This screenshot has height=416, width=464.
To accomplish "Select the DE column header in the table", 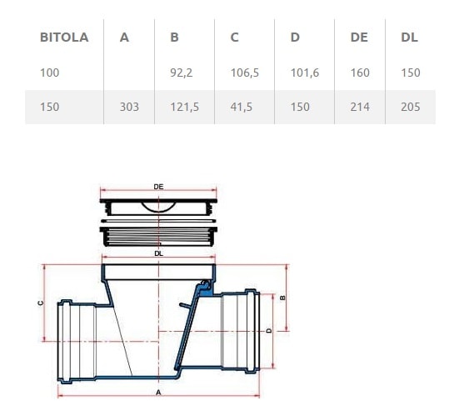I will tap(358, 38).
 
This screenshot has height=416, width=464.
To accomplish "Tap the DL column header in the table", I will tap(409, 38).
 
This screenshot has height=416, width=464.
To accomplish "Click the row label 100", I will tap(49, 73).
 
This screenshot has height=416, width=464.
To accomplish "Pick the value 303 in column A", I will tap(129, 107).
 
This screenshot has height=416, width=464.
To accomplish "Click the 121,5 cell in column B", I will tap(183, 107).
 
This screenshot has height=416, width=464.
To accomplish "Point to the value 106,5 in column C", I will tap(244, 73).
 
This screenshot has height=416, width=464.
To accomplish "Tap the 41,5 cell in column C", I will tap(242, 107).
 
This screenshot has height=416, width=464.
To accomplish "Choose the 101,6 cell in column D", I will tap(304, 73).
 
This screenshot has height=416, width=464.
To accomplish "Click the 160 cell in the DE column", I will tap(360, 73).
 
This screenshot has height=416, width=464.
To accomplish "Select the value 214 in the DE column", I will tap(360, 107).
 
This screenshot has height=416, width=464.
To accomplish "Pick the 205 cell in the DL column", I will tap(410, 107).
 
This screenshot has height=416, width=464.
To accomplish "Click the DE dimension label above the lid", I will tap(158, 188).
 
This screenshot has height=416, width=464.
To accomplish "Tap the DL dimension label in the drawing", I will tap(158, 253).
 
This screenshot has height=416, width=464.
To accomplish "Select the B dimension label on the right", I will tap(282, 297).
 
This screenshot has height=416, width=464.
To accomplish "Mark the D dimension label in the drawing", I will tap(267, 330).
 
